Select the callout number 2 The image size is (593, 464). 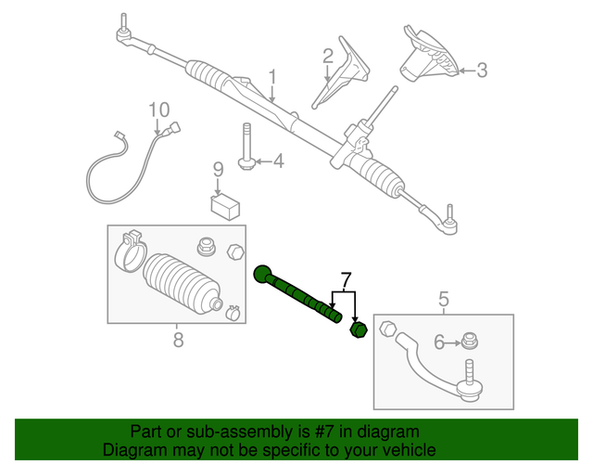(328, 57)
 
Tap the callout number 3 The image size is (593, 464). (481, 70)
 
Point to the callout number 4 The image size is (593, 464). (277, 162)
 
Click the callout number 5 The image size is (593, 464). (443, 299)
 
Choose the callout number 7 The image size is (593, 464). (346, 279)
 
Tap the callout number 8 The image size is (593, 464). (178, 341)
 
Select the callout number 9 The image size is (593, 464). (219, 170)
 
